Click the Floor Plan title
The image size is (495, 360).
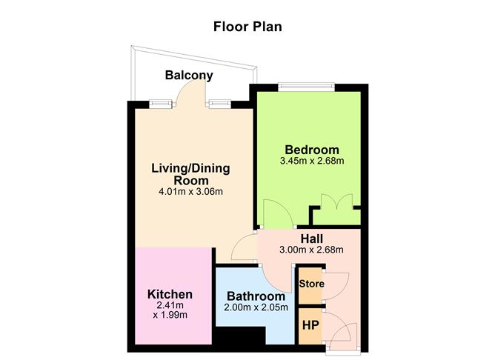(x=247, y=27)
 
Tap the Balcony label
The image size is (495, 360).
(x=189, y=75)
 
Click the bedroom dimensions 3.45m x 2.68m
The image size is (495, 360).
(x=312, y=161)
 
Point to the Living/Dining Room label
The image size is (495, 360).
(x=190, y=174)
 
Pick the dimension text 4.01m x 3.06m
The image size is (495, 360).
(x=190, y=192)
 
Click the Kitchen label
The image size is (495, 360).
(x=170, y=294)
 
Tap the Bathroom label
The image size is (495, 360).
(x=255, y=296)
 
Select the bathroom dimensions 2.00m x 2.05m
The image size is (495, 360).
(x=256, y=308)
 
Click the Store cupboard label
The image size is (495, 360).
(x=310, y=284)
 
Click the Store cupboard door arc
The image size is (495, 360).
(x=339, y=285)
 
